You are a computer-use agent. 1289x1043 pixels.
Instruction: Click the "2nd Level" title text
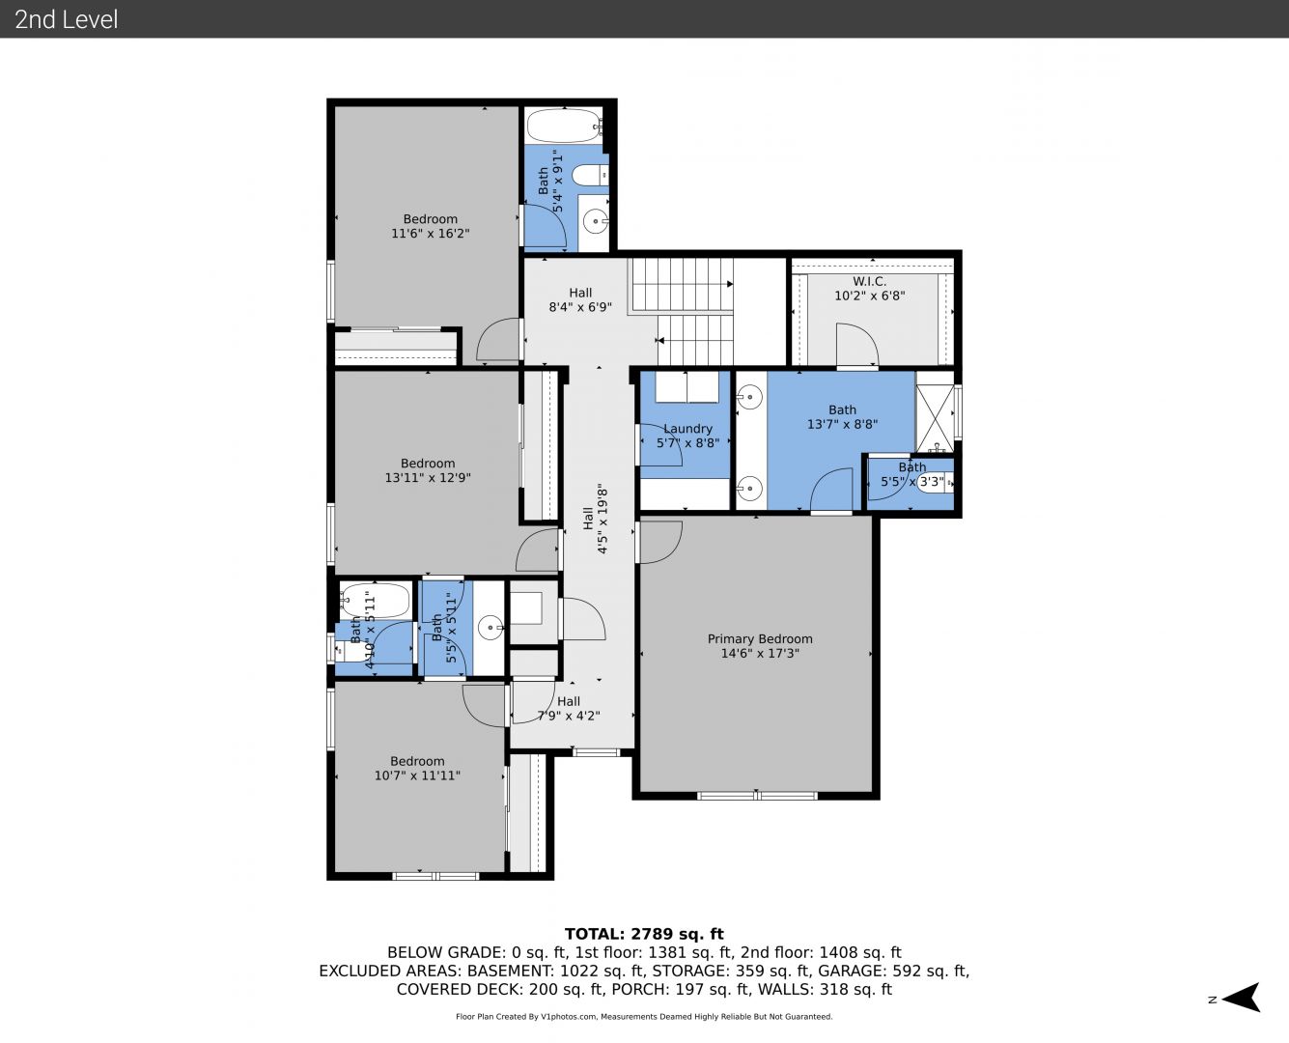point(66,19)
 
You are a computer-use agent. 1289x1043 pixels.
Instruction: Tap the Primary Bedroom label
point(760,638)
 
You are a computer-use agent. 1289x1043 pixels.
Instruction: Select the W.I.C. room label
point(870,281)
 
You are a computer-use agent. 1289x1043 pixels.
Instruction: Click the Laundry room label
point(687,429)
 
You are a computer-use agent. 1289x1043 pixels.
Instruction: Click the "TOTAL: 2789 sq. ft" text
point(644,934)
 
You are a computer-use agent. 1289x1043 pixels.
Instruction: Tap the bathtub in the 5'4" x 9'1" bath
point(564,126)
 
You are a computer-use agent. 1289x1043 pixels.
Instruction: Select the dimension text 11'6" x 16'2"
point(431,234)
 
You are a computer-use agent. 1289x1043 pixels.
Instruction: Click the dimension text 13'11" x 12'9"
point(428,478)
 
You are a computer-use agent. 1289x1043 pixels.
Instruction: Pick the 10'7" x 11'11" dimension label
point(417,775)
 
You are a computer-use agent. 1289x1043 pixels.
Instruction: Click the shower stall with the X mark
point(935,412)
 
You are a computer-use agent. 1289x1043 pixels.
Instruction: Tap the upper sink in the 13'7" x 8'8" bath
point(749,398)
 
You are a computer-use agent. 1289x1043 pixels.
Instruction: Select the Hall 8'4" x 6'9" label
point(580,299)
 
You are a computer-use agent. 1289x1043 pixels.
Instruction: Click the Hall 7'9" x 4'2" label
point(569,708)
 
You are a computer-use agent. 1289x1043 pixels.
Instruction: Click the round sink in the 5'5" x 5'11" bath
point(490,628)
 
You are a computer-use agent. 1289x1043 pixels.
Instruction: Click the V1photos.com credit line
point(644,1016)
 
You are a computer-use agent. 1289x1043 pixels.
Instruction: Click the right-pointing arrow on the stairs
point(730,284)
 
